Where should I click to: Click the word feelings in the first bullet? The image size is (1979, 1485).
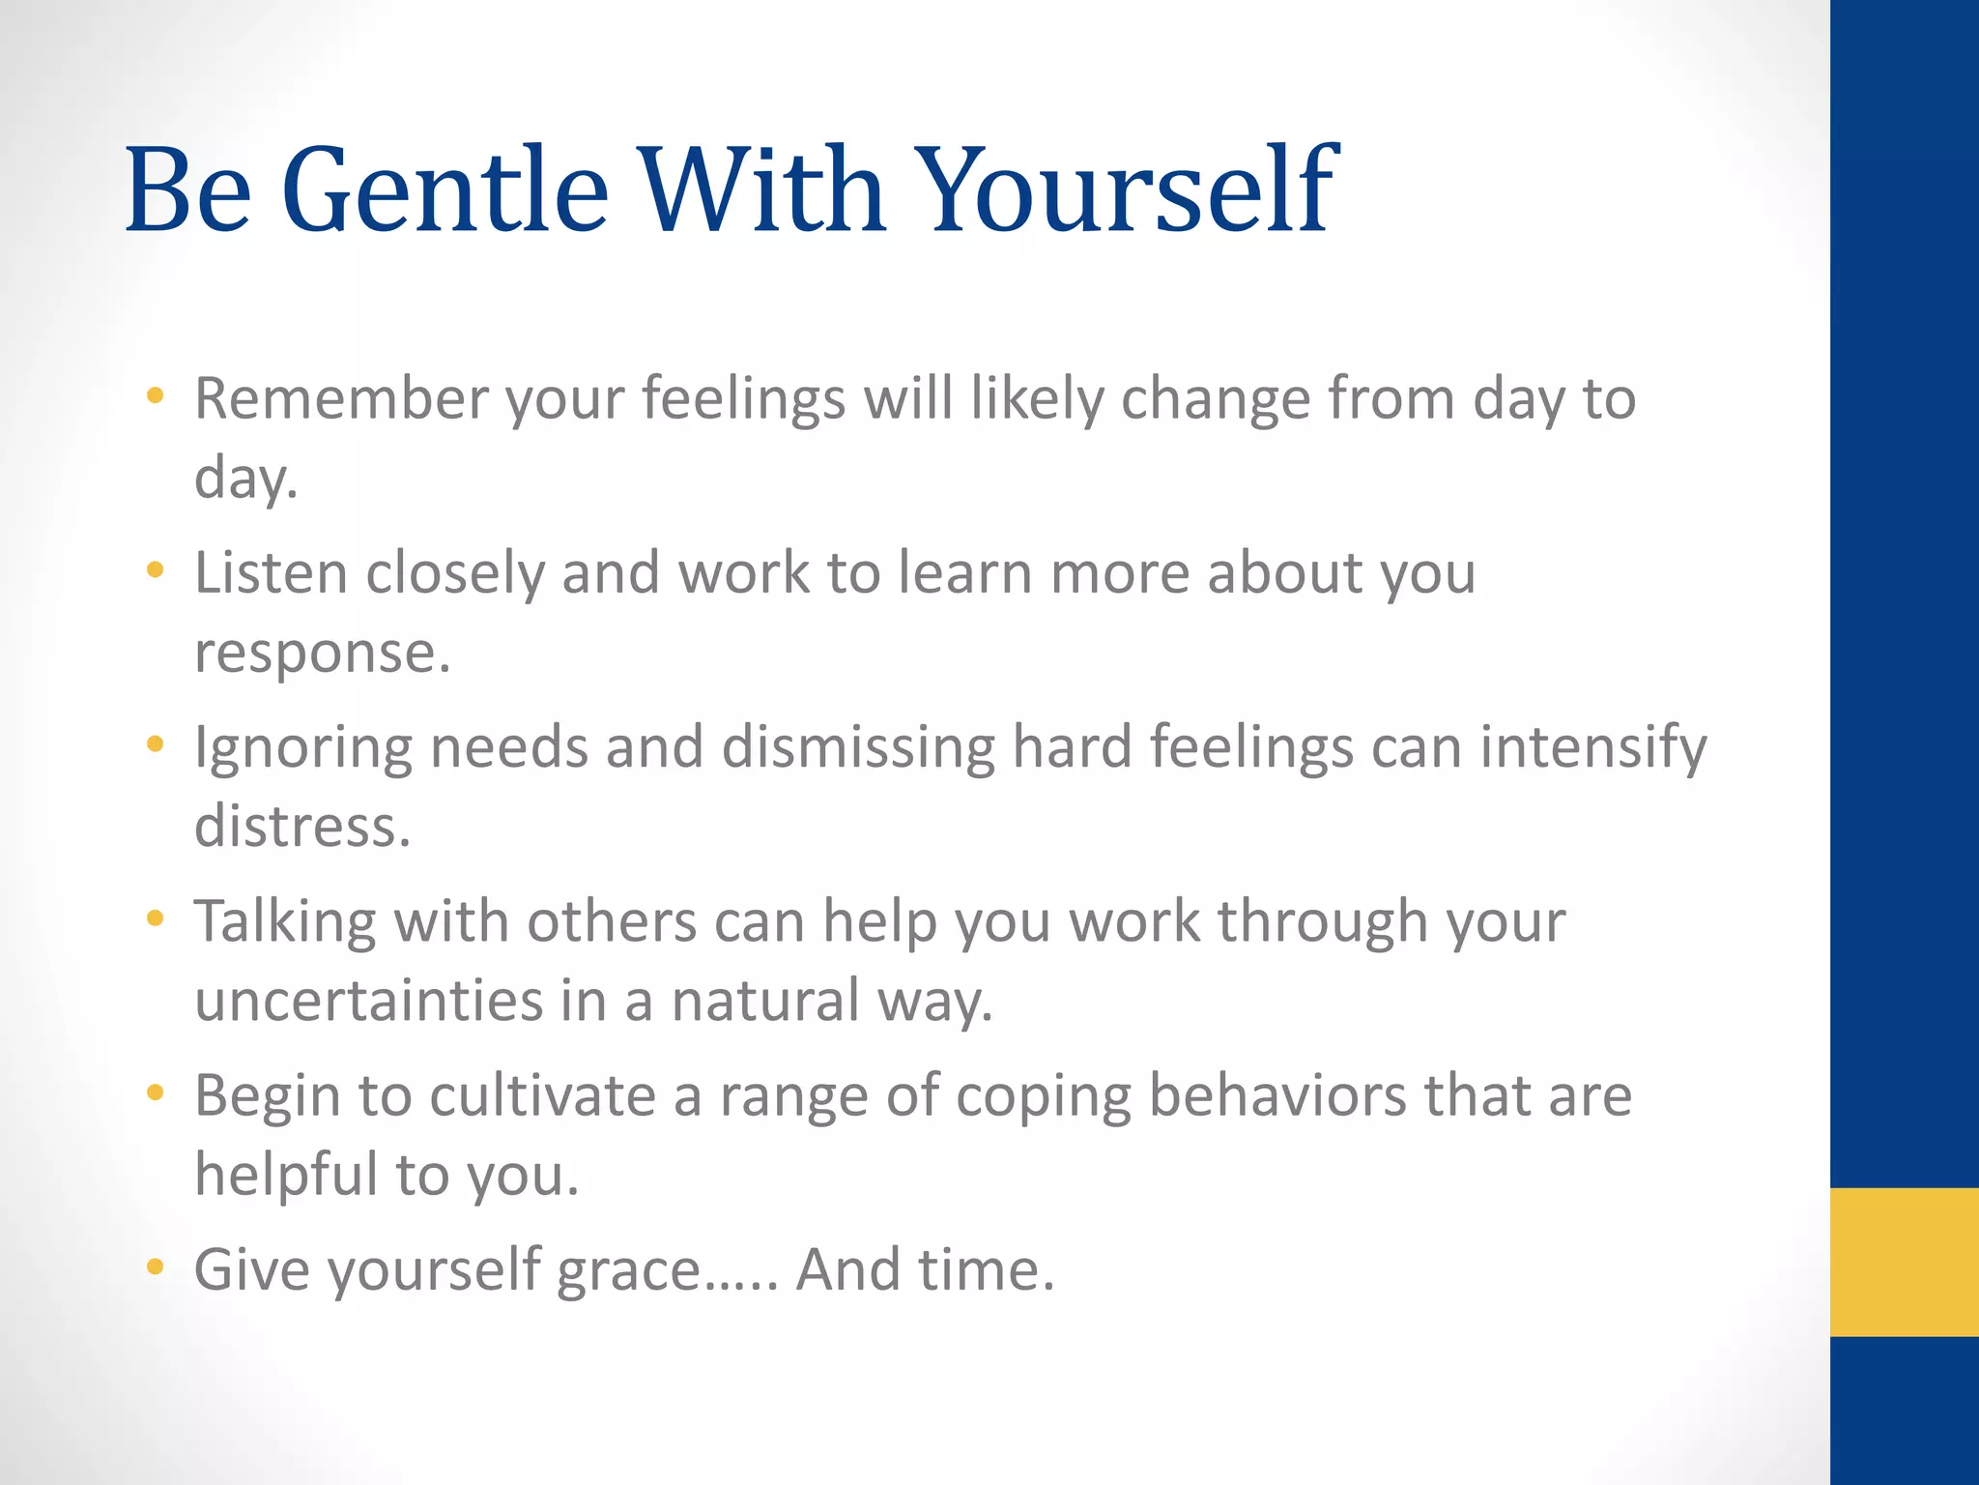743,398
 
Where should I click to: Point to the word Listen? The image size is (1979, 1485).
271,572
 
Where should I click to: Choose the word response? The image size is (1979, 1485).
322,653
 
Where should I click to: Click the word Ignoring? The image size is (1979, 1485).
302,748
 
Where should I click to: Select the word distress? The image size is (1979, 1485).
302,828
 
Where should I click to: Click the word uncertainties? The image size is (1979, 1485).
369,1001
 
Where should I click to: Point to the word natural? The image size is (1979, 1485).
765,1001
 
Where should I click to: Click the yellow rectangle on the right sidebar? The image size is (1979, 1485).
1904,1262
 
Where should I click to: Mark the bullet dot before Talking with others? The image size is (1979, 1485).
155,917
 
